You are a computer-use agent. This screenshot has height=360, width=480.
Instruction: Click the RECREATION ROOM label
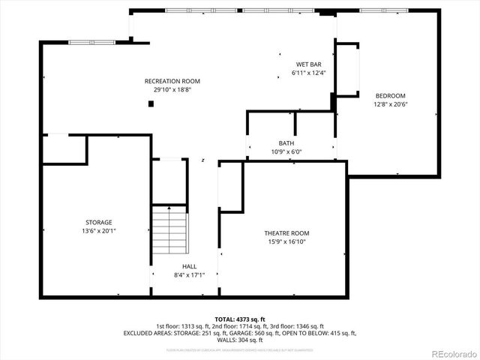pos(172,81)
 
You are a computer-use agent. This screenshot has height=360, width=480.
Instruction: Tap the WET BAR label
pos(308,64)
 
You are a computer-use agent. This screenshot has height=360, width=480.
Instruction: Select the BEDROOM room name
pos(390,95)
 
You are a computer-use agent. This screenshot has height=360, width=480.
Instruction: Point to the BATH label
pos(286,143)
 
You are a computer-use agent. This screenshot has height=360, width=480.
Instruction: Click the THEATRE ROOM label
pos(286,233)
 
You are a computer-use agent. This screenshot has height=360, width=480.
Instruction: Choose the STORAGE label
pos(98,222)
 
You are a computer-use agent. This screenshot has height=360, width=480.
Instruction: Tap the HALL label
pos(189,267)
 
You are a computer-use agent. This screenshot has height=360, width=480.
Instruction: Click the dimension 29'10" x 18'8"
pos(172,90)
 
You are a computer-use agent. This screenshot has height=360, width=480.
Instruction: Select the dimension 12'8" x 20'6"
pos(390,104)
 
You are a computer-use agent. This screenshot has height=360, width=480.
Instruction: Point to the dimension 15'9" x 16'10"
pos(286,241)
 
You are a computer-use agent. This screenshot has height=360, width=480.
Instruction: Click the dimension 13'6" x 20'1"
pos(98,231)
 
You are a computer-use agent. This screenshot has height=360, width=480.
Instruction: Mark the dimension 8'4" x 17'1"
pos(189,275)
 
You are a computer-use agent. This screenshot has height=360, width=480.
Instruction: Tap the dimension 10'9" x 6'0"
pos(286,151)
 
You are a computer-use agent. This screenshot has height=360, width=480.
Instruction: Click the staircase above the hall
pos(169,231)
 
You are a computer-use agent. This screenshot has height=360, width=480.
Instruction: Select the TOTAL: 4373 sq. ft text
pos(240,319)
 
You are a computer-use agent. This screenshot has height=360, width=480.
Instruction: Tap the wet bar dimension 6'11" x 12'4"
pos(308,73)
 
